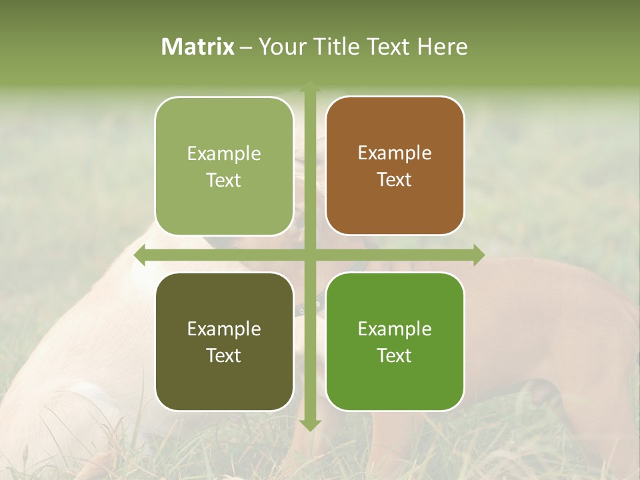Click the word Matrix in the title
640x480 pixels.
[198, 47]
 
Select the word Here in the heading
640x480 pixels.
[442, 47]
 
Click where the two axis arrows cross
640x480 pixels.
[310, 255]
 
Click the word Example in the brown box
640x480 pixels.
[395, 153]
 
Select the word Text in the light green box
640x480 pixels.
[224, 180]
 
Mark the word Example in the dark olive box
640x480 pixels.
[224, 329]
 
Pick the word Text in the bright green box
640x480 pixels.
[395, 355]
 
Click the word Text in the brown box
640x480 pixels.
[395, 180]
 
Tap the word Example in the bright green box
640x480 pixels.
[395, 329]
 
